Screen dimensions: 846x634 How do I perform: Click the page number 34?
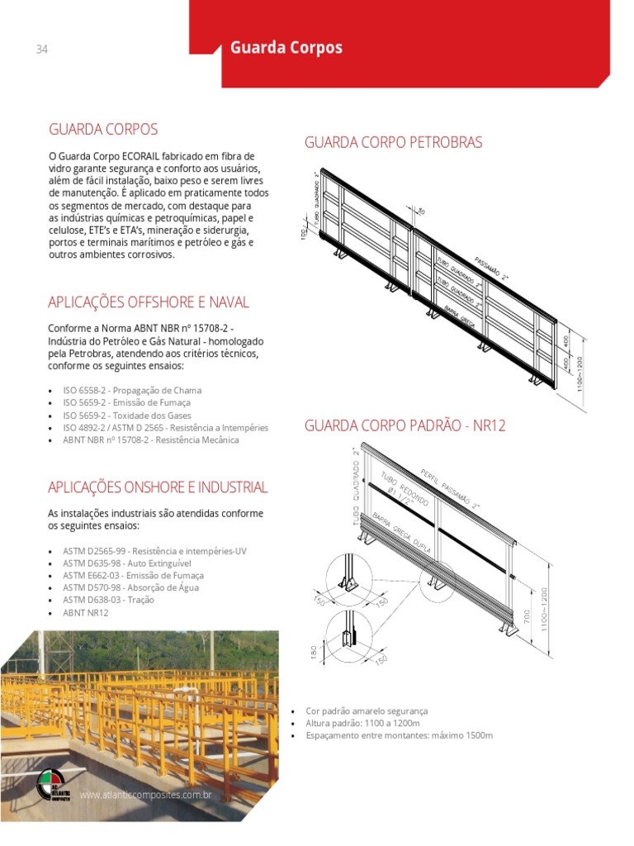pos(42,50)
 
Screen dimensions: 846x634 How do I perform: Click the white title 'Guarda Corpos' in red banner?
pos(286,48)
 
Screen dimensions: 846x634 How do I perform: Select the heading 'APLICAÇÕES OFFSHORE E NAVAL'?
pos(149,302)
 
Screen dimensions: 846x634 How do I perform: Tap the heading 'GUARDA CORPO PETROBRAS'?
pos(393,143)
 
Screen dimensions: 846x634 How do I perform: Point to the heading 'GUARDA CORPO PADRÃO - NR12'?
pos(405,426)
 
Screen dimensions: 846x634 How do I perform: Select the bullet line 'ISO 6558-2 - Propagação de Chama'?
pos(132,390)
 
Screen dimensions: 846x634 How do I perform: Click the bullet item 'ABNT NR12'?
pos(86,612)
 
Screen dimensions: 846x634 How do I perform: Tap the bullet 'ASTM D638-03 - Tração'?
pos(108,600)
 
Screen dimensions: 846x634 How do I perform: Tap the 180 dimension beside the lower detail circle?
pos(315,653)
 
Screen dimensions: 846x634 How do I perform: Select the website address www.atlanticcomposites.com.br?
pos(146,796)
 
